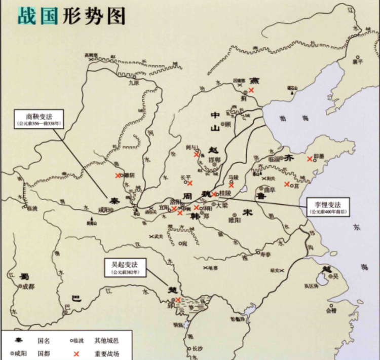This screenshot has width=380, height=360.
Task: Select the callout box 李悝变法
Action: (x=324, y=207)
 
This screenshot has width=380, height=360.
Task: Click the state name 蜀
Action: (x=23, y=276)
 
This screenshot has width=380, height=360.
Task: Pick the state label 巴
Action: (x=76, y=299)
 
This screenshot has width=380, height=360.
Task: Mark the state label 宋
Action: (x=247, y=211)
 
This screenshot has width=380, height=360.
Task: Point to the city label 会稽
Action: (x=331, y=312)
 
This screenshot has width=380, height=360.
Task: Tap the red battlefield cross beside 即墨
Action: (x=310, y=159)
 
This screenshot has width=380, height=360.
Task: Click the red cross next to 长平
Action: (x=190, y=183)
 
